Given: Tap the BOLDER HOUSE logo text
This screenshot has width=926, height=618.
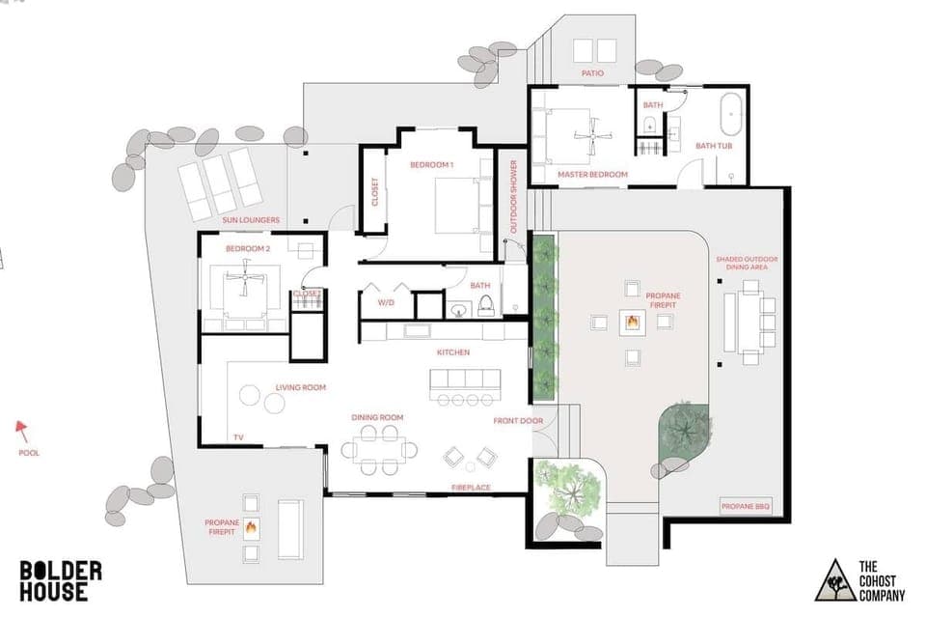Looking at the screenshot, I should point(60,581).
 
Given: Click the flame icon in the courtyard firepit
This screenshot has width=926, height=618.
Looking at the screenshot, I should point(632,322).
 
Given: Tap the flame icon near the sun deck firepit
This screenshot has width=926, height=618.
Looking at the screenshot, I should point(251,527).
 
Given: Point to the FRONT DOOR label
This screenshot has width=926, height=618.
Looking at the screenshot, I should point(518,420).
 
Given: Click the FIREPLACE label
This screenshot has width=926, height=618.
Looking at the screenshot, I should point(472,488).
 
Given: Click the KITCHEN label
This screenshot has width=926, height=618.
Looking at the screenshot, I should point(452,352).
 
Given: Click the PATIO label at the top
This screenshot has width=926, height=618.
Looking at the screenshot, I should point(591,72).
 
